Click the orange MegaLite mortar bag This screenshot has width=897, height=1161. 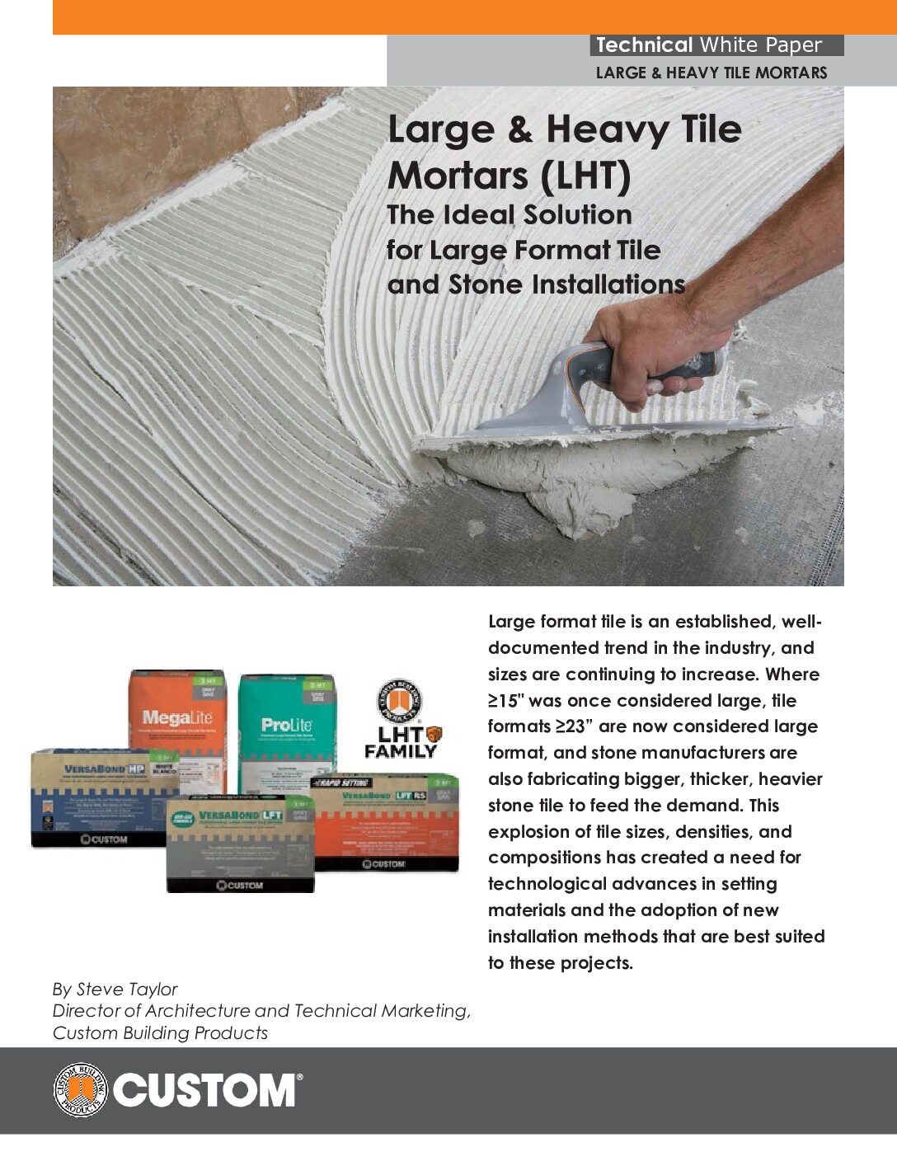coord(177,713)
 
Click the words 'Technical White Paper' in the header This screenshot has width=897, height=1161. coord(709,45)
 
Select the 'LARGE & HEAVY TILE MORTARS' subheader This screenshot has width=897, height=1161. coord(711,73)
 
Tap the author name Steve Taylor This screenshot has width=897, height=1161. coord(127,989)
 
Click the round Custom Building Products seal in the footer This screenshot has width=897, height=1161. coord(80,1090)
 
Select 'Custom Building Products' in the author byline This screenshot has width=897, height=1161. coord(160,1032)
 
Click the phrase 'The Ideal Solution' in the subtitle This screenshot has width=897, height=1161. coord(510,214)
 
